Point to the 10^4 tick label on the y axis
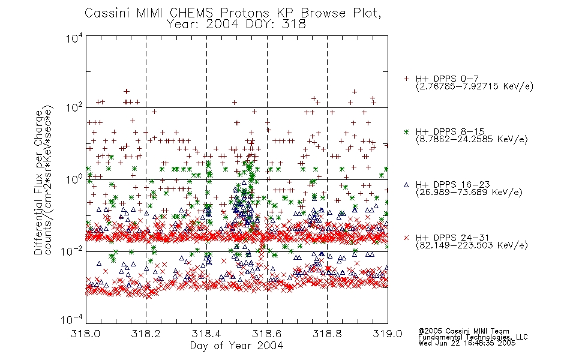74,38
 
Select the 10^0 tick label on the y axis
74,179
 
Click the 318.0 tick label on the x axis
86,334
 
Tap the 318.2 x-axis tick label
146,334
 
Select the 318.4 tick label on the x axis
206,334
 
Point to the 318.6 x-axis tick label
266,334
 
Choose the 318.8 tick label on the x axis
327,334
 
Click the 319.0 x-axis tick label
388,334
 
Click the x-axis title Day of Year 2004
236,346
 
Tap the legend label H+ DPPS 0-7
447,79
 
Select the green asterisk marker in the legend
406,132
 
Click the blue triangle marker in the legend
406,185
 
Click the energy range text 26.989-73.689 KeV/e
469,193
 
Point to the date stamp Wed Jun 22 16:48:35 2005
467,343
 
